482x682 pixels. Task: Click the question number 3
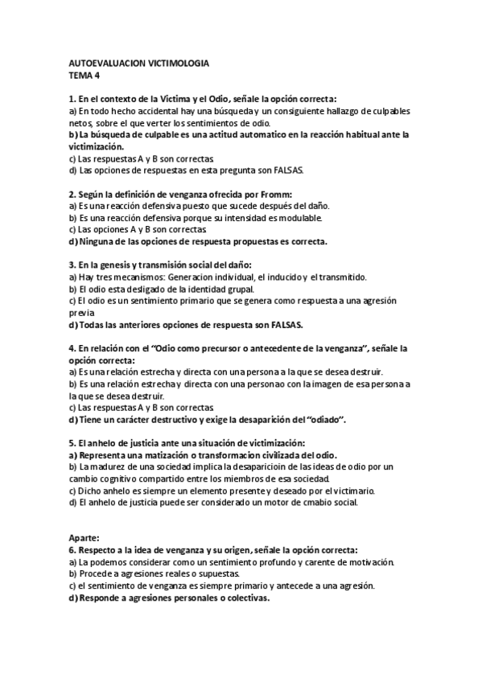[x=72, y=265]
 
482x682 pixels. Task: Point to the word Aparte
[x=85, y=536]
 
